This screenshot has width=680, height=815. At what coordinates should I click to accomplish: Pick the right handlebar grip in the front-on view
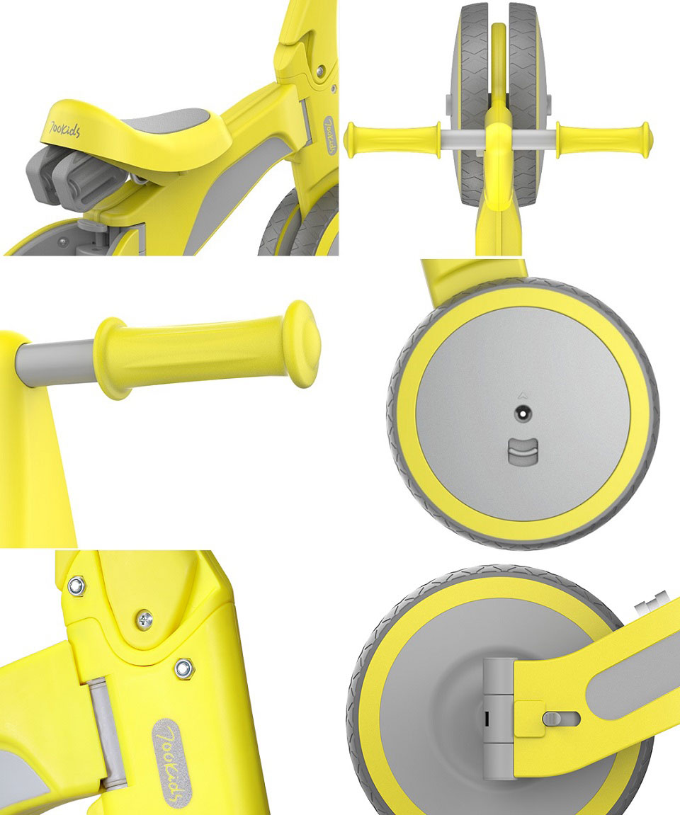603,137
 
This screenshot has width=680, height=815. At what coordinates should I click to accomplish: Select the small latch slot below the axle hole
522,450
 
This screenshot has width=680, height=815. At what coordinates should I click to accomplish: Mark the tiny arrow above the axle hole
522,389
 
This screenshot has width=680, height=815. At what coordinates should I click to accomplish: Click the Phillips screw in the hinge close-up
144,620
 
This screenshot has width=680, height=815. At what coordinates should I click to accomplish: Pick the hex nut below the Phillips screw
183,666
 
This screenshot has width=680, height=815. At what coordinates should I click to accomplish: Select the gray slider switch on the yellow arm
560,719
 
